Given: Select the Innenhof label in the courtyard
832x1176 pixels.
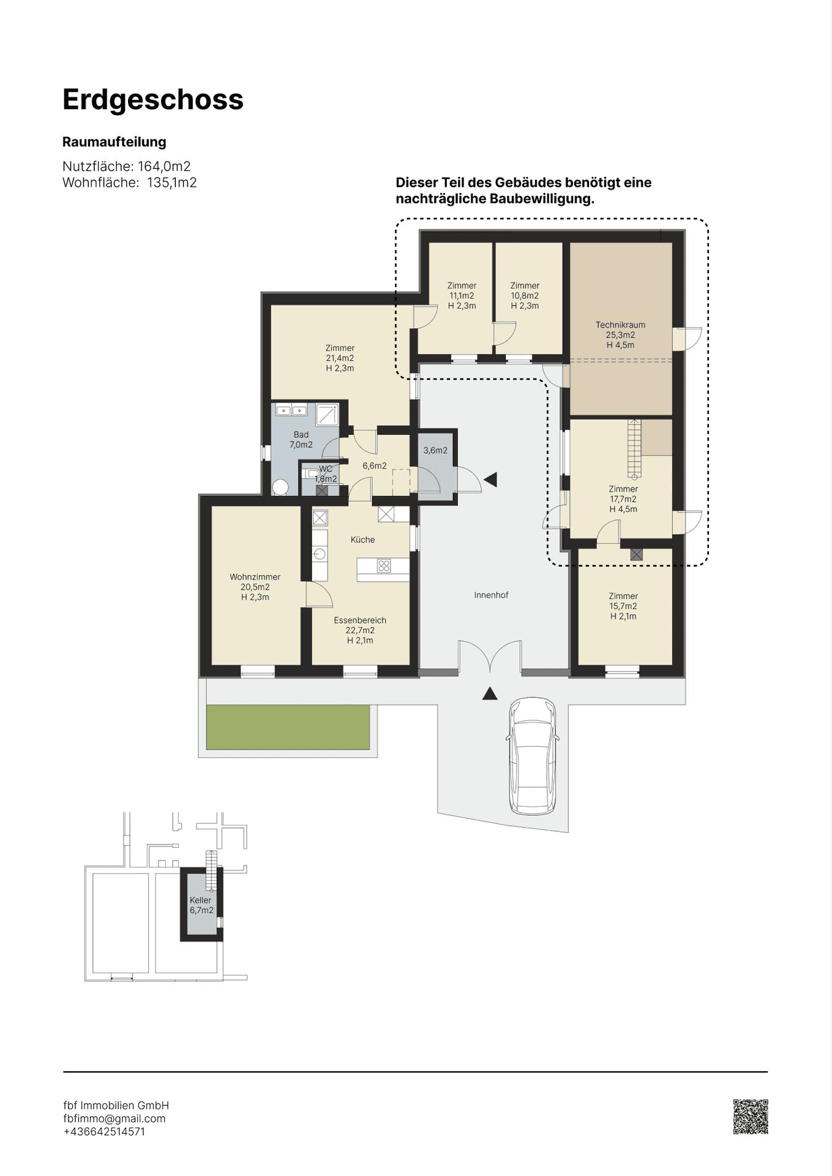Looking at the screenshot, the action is click(491, 595).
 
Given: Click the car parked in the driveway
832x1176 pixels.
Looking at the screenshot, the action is click(533, 755).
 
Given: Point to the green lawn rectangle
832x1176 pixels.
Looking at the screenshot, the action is click(288, 727).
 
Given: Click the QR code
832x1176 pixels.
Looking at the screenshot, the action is click(750, 1117).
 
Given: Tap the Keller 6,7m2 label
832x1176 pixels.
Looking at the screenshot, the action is click(201, 905).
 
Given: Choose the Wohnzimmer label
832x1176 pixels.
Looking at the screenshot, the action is click(255, 577).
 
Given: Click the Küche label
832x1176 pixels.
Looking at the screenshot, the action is click(362, 540).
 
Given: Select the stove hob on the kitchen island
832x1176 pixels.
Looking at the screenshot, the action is click(384, 566).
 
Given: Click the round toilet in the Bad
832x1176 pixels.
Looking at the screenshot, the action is click(280, 488).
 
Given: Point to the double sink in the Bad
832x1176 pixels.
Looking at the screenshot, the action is click(291, 410).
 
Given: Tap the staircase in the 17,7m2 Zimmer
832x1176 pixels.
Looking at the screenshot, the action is click(634, 448).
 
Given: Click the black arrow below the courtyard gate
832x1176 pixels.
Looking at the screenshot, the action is click(489, 693).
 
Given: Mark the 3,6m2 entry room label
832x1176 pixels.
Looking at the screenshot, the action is click(435, 450).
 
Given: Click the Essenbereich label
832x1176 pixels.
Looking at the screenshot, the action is click(360, 620).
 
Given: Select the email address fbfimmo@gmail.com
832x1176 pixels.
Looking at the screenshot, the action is click(114, 1118).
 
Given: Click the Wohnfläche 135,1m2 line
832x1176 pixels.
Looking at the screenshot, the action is click(130, 183).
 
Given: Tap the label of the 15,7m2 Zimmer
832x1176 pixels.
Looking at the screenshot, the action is click(623, 606).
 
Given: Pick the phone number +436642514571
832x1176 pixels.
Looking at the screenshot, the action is click(104, 1131).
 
